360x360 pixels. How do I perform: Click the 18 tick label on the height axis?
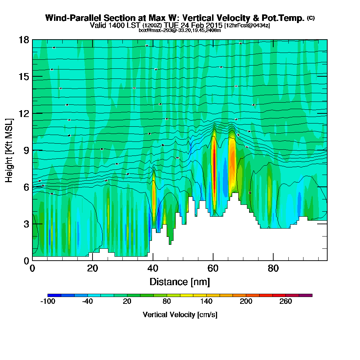click(23, 40)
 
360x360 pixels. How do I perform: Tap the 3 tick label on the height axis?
click(26, 224)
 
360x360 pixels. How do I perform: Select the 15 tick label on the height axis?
click(23, 77)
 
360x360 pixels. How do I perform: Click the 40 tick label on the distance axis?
click(153, 268)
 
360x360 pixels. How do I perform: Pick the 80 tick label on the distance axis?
click(273, 268)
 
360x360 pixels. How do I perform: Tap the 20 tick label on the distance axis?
click(93, 268)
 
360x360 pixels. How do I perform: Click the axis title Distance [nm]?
click(180, 281)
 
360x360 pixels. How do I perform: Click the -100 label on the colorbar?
click(48, 302)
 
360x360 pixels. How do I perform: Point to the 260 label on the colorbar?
click(286, 302)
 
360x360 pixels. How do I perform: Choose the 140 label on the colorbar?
click(206, 302)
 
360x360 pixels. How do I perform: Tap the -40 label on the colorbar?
click(87, 302)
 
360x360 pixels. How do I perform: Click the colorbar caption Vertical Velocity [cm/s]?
click(180, 315)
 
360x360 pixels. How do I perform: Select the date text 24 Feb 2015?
click(201, 25)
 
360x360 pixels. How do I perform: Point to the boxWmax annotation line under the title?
click(180, 30)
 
